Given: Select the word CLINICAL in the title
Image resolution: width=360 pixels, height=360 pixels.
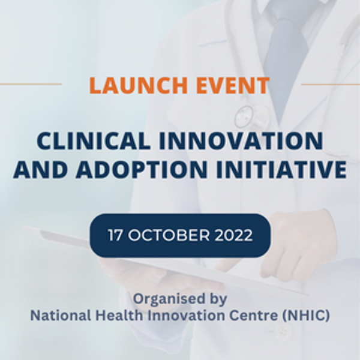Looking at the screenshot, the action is click(93, 141).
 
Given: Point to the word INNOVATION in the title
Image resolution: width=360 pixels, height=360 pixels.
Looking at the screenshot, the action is click(241, 141).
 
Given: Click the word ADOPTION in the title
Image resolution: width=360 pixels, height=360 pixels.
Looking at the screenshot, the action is click(142, 170).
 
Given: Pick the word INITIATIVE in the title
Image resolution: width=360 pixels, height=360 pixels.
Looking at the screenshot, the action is click(281, 170).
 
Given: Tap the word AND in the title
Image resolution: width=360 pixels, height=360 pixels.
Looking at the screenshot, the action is click(40, 170).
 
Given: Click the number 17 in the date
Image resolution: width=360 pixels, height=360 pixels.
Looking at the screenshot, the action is click(115, 235).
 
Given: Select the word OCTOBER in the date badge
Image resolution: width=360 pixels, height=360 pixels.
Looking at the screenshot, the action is click(169, 235).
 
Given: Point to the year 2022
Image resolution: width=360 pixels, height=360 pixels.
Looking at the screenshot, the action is click(234, 235).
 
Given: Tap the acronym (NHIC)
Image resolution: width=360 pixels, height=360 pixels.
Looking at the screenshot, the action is click(306, 316).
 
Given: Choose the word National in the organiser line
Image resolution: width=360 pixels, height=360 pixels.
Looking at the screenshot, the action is click(61, 316).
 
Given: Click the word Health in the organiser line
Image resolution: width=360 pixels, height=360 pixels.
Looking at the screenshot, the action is click(119, 316).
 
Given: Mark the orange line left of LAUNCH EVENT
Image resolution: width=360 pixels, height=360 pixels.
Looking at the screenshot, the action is click(31, 84).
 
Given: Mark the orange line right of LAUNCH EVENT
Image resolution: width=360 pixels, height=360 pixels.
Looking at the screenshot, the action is click(331, 84).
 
